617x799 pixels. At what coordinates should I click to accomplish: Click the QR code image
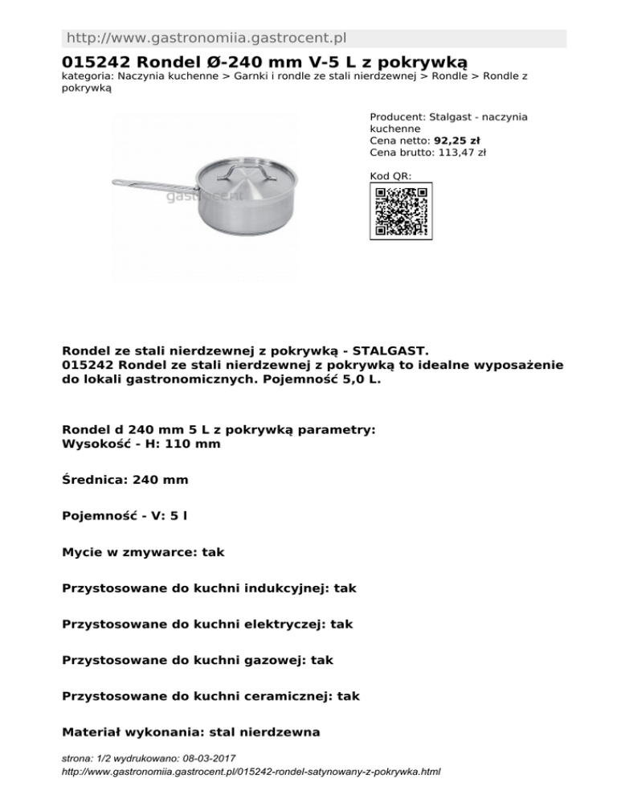[401, 211]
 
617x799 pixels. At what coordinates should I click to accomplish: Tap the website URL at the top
[206, 38]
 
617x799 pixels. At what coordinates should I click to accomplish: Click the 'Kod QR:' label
[390, 175]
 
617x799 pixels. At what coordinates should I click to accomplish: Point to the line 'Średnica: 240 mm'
[125, 480]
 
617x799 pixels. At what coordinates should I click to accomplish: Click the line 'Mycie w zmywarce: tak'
[143, 552]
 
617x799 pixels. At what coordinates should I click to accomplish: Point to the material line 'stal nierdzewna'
[264, 733]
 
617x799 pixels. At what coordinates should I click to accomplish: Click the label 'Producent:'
[398, 117]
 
